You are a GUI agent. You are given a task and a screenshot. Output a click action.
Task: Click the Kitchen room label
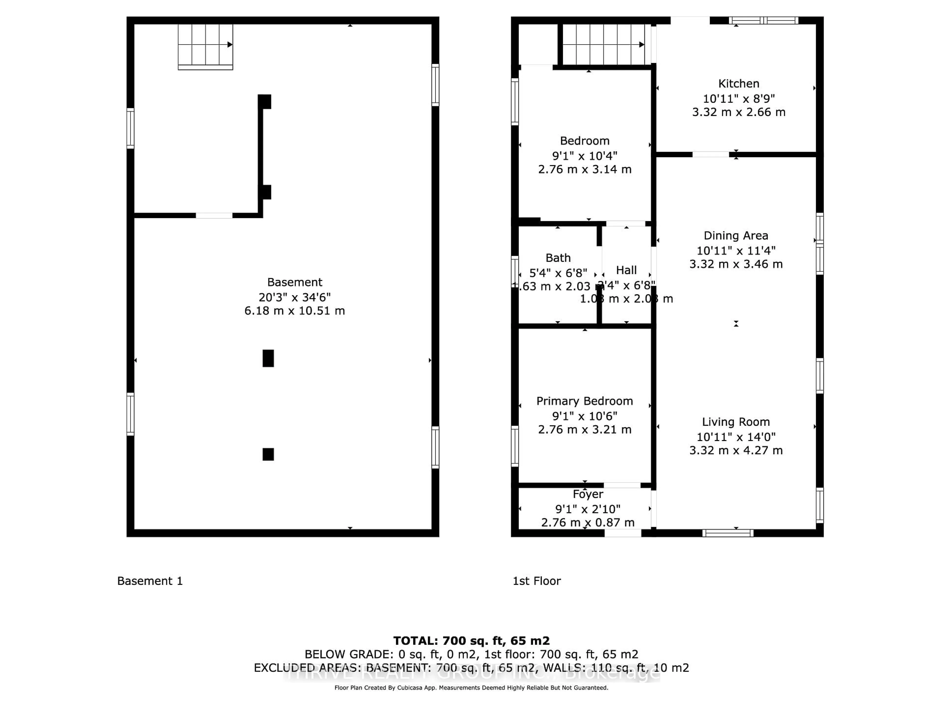[x=738, y=83]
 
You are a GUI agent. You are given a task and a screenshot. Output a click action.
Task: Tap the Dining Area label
[x=736, y=236]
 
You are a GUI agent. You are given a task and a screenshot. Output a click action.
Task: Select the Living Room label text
[x=736, y=422]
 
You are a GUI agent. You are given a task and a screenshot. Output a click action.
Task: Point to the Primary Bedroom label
[x=584, y=401]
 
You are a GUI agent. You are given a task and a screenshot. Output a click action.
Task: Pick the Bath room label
[x=558, y=258]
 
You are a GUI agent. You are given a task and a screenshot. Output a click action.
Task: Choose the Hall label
[x=626, y=270]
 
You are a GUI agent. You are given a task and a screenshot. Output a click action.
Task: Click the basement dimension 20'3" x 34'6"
[x=295, y=297]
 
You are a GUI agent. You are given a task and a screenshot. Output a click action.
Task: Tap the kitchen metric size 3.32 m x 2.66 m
[x=738, y=112]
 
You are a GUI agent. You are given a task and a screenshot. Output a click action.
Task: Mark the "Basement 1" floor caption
[x=150, y=581]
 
